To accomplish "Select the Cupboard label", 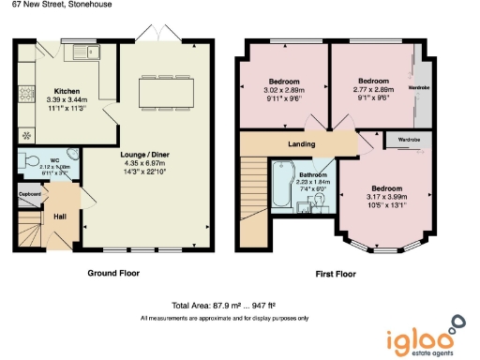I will pyautogui.click(x=29, y=194).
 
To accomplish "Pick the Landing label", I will pyautogui.click(x=301, y=143).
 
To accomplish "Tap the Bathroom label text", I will pyautogui.click(x=313, y=176).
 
